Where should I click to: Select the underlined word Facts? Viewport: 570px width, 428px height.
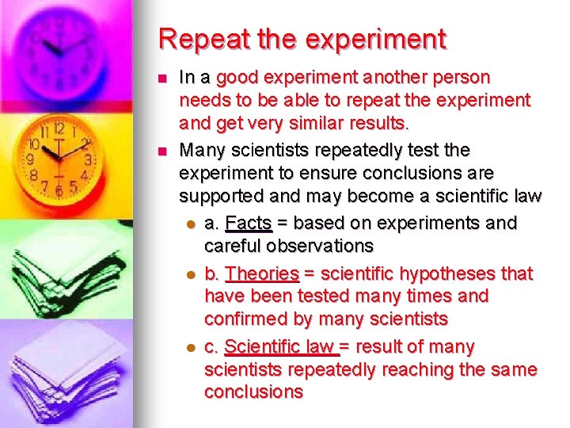[249, 224]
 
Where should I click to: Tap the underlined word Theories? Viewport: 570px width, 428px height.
[262, 274]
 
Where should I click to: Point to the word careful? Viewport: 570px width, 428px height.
[231, 246]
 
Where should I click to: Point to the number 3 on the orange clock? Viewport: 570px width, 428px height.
[88, 160]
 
